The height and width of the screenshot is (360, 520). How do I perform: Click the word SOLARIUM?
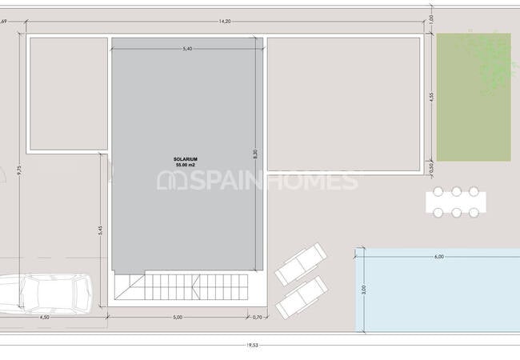[x=186, y=159]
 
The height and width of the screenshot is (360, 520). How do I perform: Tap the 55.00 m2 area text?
[x=186, y=166]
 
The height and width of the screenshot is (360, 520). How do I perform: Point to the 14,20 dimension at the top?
[x=224, y=22]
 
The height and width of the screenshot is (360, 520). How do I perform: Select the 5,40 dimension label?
[x=187, y=49]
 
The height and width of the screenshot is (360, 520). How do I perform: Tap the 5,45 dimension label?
[x=100, y=230]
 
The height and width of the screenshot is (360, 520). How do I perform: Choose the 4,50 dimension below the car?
[x=44, y=317]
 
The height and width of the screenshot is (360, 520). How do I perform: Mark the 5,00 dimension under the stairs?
[x=178, y=317]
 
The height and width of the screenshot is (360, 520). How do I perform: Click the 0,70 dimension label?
[x=257, y=317]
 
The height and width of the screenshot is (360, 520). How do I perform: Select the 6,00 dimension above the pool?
[x=438, y=257]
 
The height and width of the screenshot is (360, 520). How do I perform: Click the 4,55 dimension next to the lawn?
[x=430, y=98]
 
